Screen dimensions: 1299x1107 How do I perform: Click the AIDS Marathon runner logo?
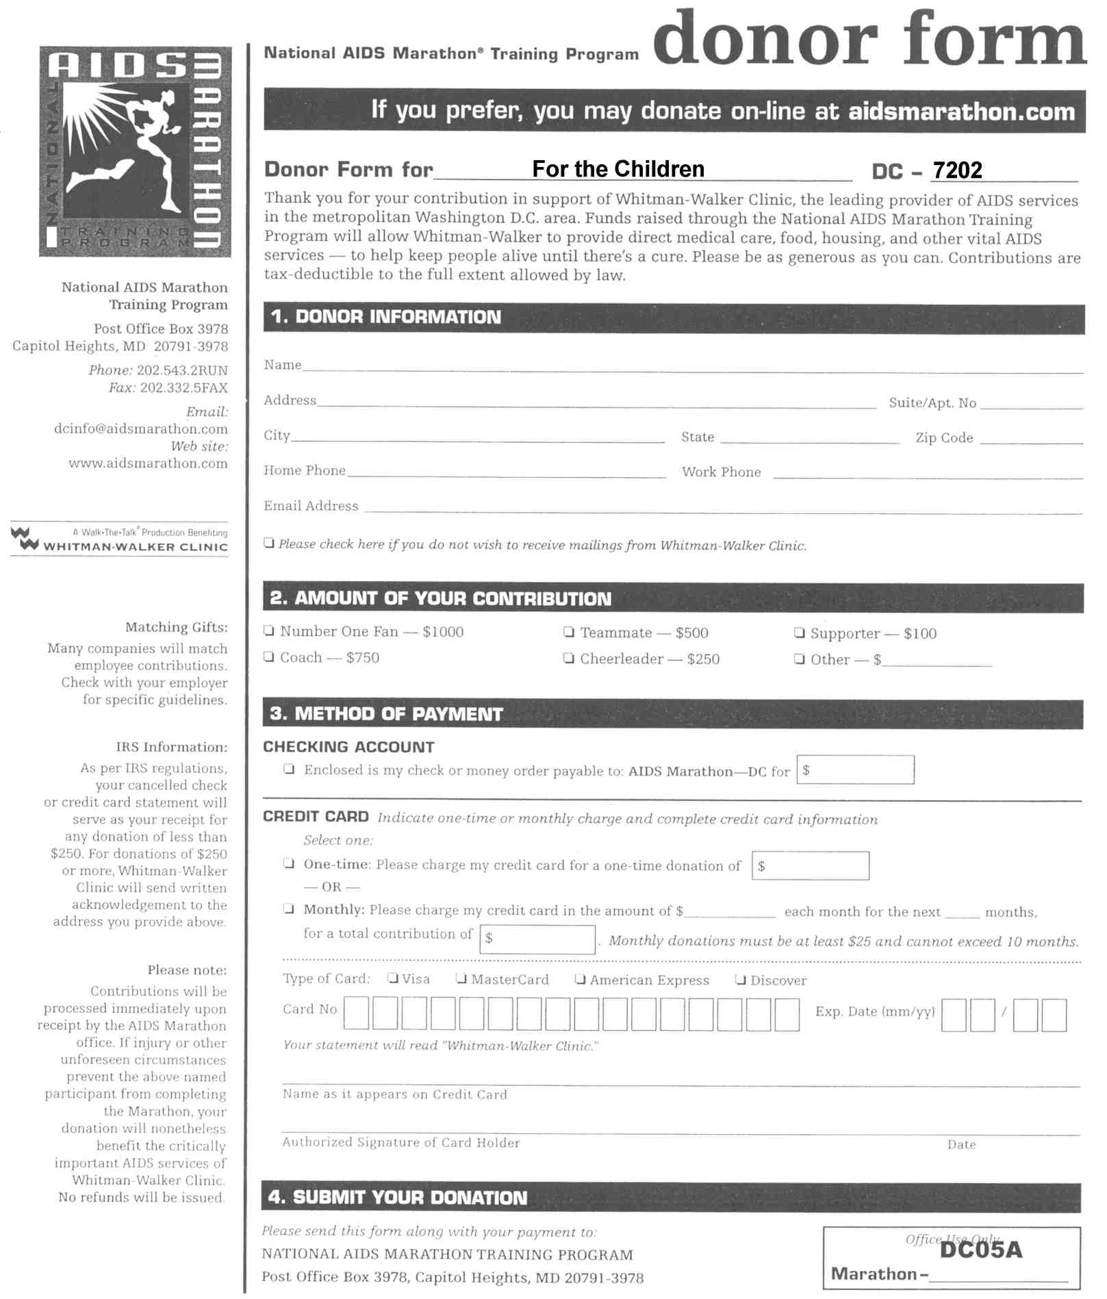coord(135,151)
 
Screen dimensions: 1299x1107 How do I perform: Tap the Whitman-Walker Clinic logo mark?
coord(25,539)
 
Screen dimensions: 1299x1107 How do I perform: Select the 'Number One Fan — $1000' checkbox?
coord(269,630)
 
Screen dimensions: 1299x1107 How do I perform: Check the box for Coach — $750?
coord(269,657)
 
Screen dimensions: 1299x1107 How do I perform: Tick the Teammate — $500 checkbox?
coord(568,631)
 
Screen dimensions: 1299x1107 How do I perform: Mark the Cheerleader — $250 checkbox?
coord(568,658)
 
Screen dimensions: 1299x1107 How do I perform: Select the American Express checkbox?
coord(580,979)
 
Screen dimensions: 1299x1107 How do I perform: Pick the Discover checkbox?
coord(740,979)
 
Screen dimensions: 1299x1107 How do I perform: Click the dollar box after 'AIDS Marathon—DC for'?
coord(855,770)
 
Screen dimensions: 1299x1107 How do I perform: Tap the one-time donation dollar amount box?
coord(811,866)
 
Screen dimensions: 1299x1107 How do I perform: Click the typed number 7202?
coord(957,170)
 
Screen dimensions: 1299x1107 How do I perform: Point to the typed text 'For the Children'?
coord(618,168)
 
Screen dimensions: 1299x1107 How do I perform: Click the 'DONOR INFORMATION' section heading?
coord(398,317)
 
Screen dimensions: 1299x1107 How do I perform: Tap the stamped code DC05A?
coord(980,1250)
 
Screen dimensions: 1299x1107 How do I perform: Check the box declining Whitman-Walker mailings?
coord(270,543)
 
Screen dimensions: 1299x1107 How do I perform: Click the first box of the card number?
coord(356,1014)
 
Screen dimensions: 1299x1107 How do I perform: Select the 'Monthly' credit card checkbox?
coord(290,909)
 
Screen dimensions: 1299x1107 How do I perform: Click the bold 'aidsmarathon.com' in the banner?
coord(962,112)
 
